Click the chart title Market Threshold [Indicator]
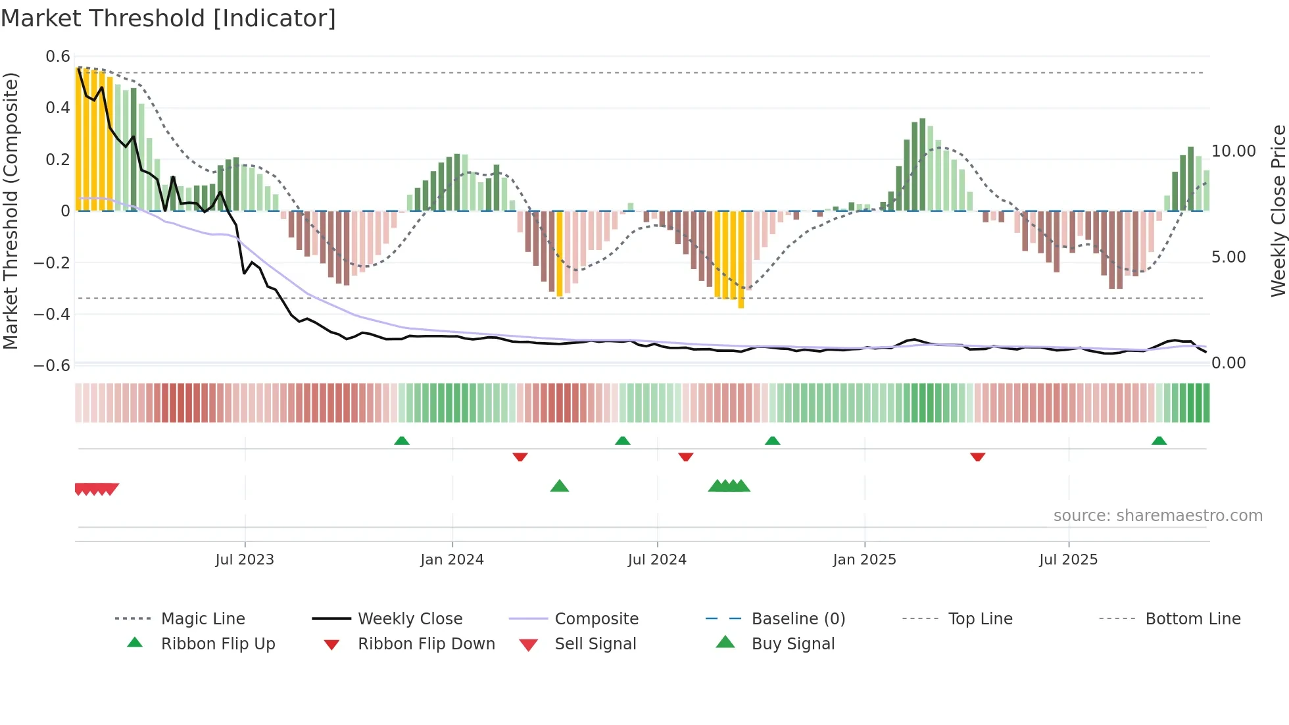[x=168, y=18]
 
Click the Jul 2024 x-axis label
[x=656, y=560]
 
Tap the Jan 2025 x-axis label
[x=863, y=560]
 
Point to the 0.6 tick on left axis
[x=58, y=57]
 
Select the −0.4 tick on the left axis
[x=52, y=314]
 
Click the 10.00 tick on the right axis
[x=1233, y=151]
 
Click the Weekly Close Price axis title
[x=1278, y=211]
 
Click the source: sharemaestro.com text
[x=1157, y=516]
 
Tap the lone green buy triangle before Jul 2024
[x=559, y=486]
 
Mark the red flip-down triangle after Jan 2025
[x=977, y=457]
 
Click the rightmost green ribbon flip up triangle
[x=1159, y=441]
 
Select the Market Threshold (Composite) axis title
[x=11, y=211]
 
